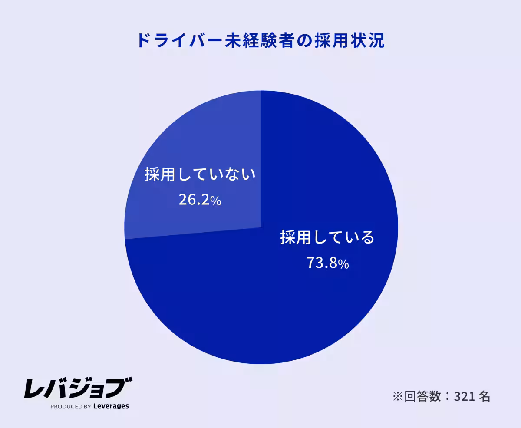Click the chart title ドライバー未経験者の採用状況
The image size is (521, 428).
tap(260, 40)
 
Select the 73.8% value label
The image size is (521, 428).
tap(327, 263)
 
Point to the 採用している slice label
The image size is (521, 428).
tap(327, 238)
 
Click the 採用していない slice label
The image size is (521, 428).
tap(200, 174)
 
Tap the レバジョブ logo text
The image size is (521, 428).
tap(78, 388)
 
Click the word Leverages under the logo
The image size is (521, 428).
tap(111, 406)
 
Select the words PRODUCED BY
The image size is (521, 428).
tap(70, 407)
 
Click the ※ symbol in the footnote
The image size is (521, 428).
tap(397, 396)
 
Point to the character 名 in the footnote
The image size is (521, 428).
tap(485, 396)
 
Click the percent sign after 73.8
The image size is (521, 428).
tap(343, 264)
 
